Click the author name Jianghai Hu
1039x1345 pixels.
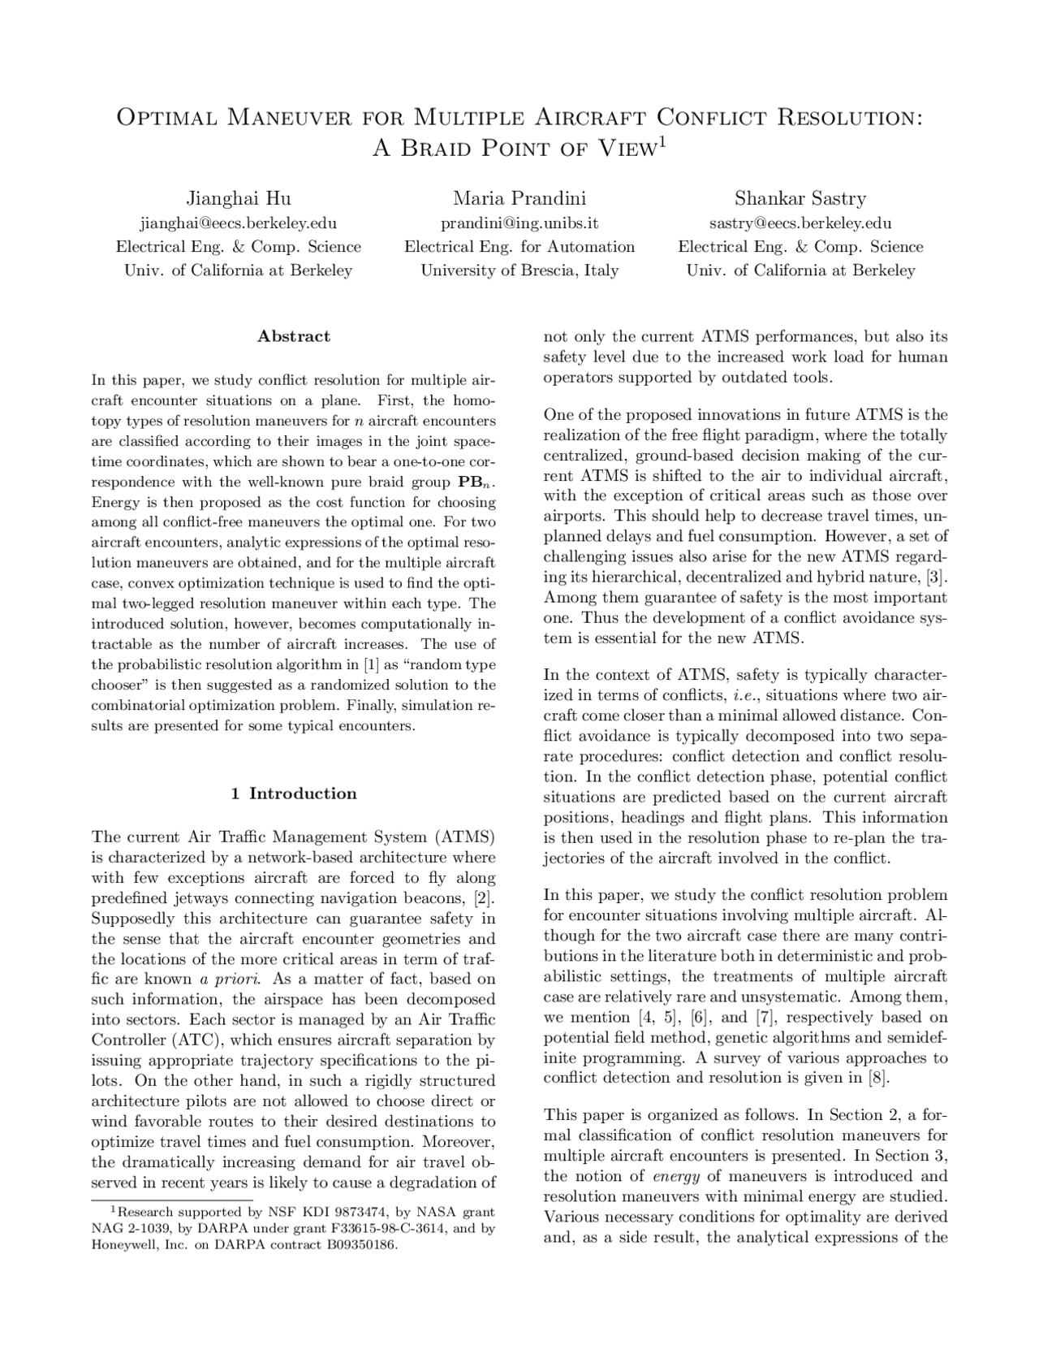[239, 198]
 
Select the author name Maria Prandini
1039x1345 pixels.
[519, 198]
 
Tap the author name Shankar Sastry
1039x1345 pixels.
[800, 198]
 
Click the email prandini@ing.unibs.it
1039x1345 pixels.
[519, 223]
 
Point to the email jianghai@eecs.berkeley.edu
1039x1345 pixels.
[239, 223]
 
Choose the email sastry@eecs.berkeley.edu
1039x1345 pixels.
[800, 223]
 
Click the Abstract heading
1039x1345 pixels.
[294, 336]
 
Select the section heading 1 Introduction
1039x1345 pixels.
[294, 794]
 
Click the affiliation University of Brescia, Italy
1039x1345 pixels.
[519, 270]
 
